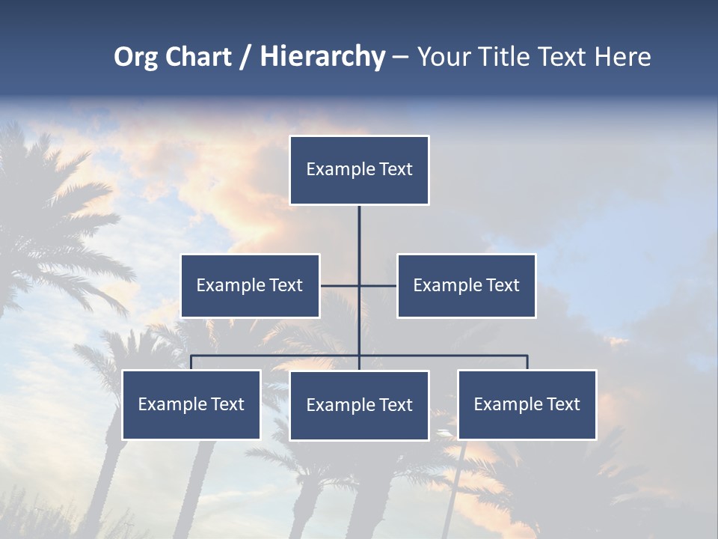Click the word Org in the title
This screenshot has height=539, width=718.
point(135,58)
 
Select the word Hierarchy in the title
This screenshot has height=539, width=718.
point(322,58)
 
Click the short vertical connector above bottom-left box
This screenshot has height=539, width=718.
point(191,362)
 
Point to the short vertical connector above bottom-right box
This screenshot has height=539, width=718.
point(527,362)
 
